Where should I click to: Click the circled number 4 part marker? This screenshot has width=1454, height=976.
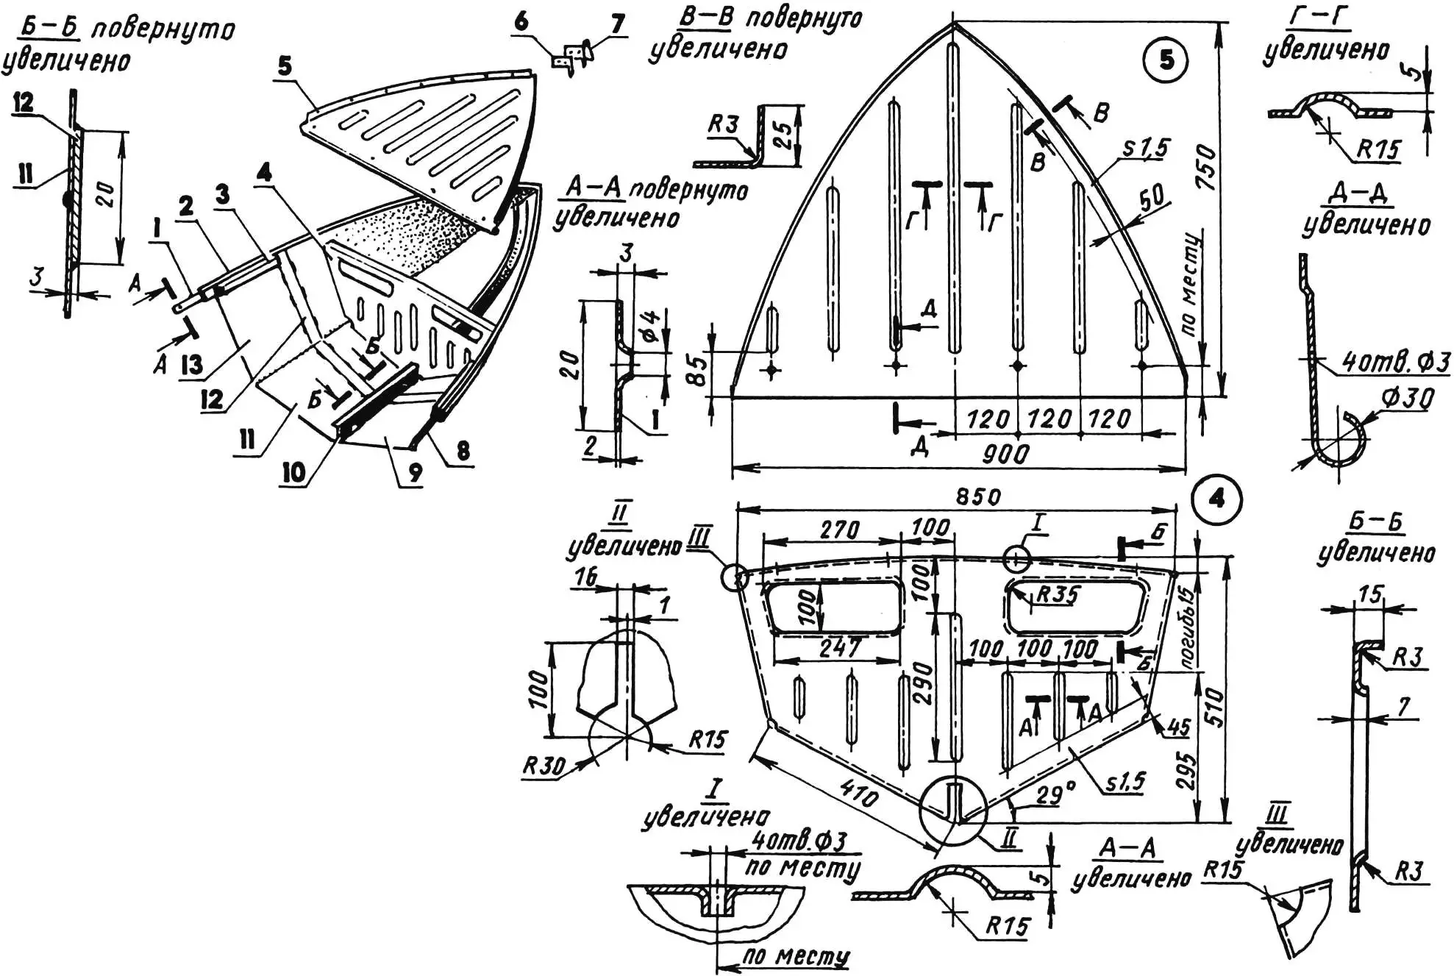coord(1217,499)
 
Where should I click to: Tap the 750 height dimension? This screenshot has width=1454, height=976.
coord(1207,168)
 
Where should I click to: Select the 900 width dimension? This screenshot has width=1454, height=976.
coord(1005,454)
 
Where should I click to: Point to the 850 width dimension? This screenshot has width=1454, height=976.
coord(977,496)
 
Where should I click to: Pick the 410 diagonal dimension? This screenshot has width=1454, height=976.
coord(858,796)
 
